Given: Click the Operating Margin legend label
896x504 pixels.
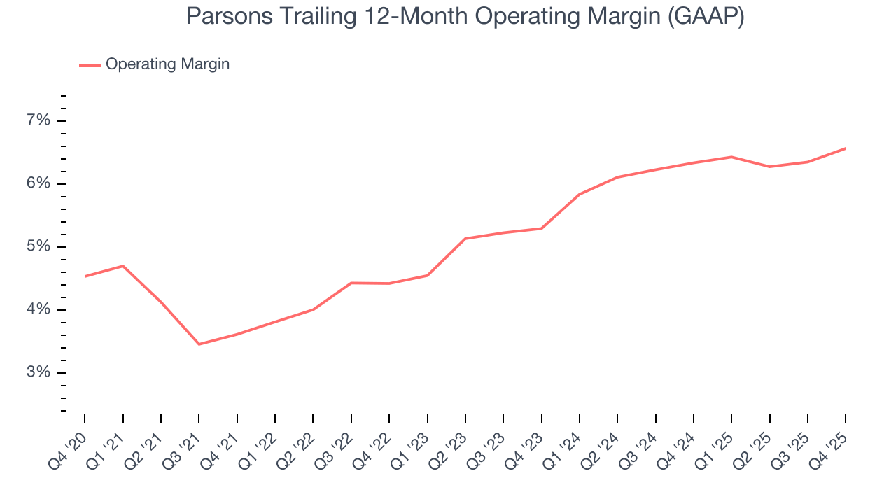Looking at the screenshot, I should pyautogui.click(x=167, y=64).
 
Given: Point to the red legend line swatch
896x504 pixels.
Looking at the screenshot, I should pyautogui.click(x=90, y=65).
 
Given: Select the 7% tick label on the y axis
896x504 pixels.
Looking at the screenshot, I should pyautogui.click(x=38, y=120).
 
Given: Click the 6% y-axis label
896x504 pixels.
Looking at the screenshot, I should pyautogui.click(x=38, y=183).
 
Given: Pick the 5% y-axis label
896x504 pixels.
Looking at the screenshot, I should pyautogui.click(x=38, y=246).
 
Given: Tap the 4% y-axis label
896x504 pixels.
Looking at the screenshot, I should pyautogui.click(x=38, y=309).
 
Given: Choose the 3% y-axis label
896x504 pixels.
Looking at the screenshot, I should pyautogui.click(x=38, y=372).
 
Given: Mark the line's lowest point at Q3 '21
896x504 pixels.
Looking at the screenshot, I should pyautogui.click(x=199, y=344).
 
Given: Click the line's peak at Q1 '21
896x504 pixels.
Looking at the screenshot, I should pyautogui.click(x=123, y=266).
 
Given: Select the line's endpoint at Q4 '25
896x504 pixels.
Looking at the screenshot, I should pyautogui.click(x=845, y=148).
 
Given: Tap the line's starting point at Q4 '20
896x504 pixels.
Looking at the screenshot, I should pyautogui.click(x=85, y=276).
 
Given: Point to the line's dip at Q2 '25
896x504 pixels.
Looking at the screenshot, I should pyautogui.click(x=769, y=167).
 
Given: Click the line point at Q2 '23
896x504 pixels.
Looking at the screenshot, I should pyautogui.click(x=465, y=239).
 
